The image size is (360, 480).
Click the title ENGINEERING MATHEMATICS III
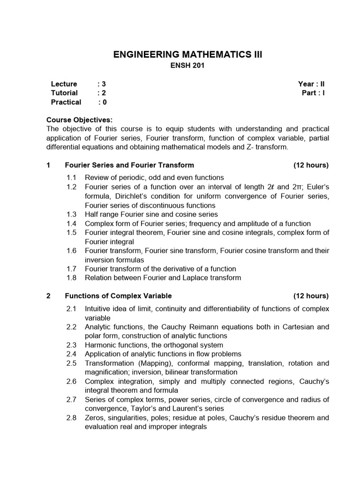pos(188,55)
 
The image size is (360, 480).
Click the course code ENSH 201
pos(187,66)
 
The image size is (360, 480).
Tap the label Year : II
pos(311,84)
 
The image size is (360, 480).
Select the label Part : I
pos(313,93)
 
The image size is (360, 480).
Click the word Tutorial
pos(64,93)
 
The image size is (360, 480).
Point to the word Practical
pos(66,102)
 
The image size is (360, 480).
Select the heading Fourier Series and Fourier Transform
pos(129,165)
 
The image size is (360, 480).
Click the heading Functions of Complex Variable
pos(118,296)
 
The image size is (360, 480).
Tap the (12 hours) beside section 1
pos(311,165)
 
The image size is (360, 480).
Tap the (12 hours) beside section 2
pos(311,296)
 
